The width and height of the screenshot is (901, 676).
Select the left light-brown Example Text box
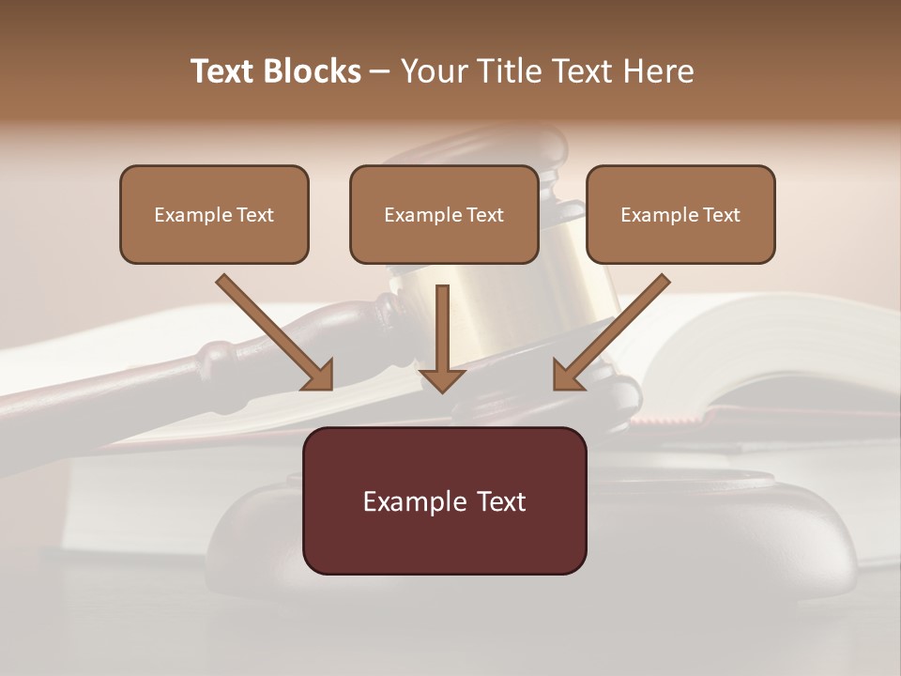tap(214, 214)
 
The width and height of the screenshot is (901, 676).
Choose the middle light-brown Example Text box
tap(444, 214)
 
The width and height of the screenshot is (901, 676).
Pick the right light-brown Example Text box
tap(680, 214)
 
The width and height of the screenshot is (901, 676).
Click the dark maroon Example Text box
tap(444, 500)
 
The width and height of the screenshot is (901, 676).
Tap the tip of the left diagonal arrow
tap(329, 386)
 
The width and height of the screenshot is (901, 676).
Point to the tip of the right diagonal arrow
tap(557, 386)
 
